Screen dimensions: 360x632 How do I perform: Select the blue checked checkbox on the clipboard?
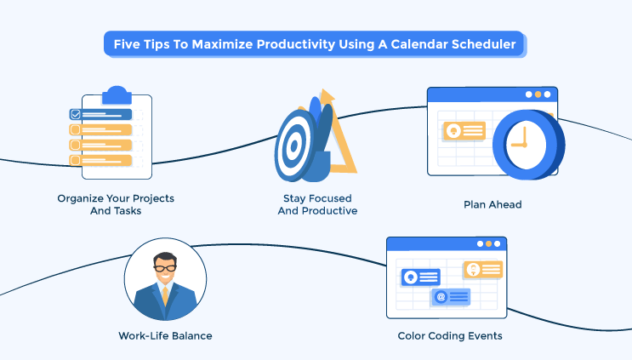[x=75, y=113]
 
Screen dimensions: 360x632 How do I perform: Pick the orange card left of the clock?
[x=463, y=131]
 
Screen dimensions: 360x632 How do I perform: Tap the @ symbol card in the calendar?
[x=451, y=296]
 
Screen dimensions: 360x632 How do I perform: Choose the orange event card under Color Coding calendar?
[x=482, y=269]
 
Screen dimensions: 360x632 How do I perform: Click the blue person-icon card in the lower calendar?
[x=420, y=277]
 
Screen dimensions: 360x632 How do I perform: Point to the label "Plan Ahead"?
[x=492, y=204]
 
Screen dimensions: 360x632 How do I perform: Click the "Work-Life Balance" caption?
[x=165, y=335]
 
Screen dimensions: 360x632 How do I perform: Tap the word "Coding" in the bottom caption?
[x=451, y=335]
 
